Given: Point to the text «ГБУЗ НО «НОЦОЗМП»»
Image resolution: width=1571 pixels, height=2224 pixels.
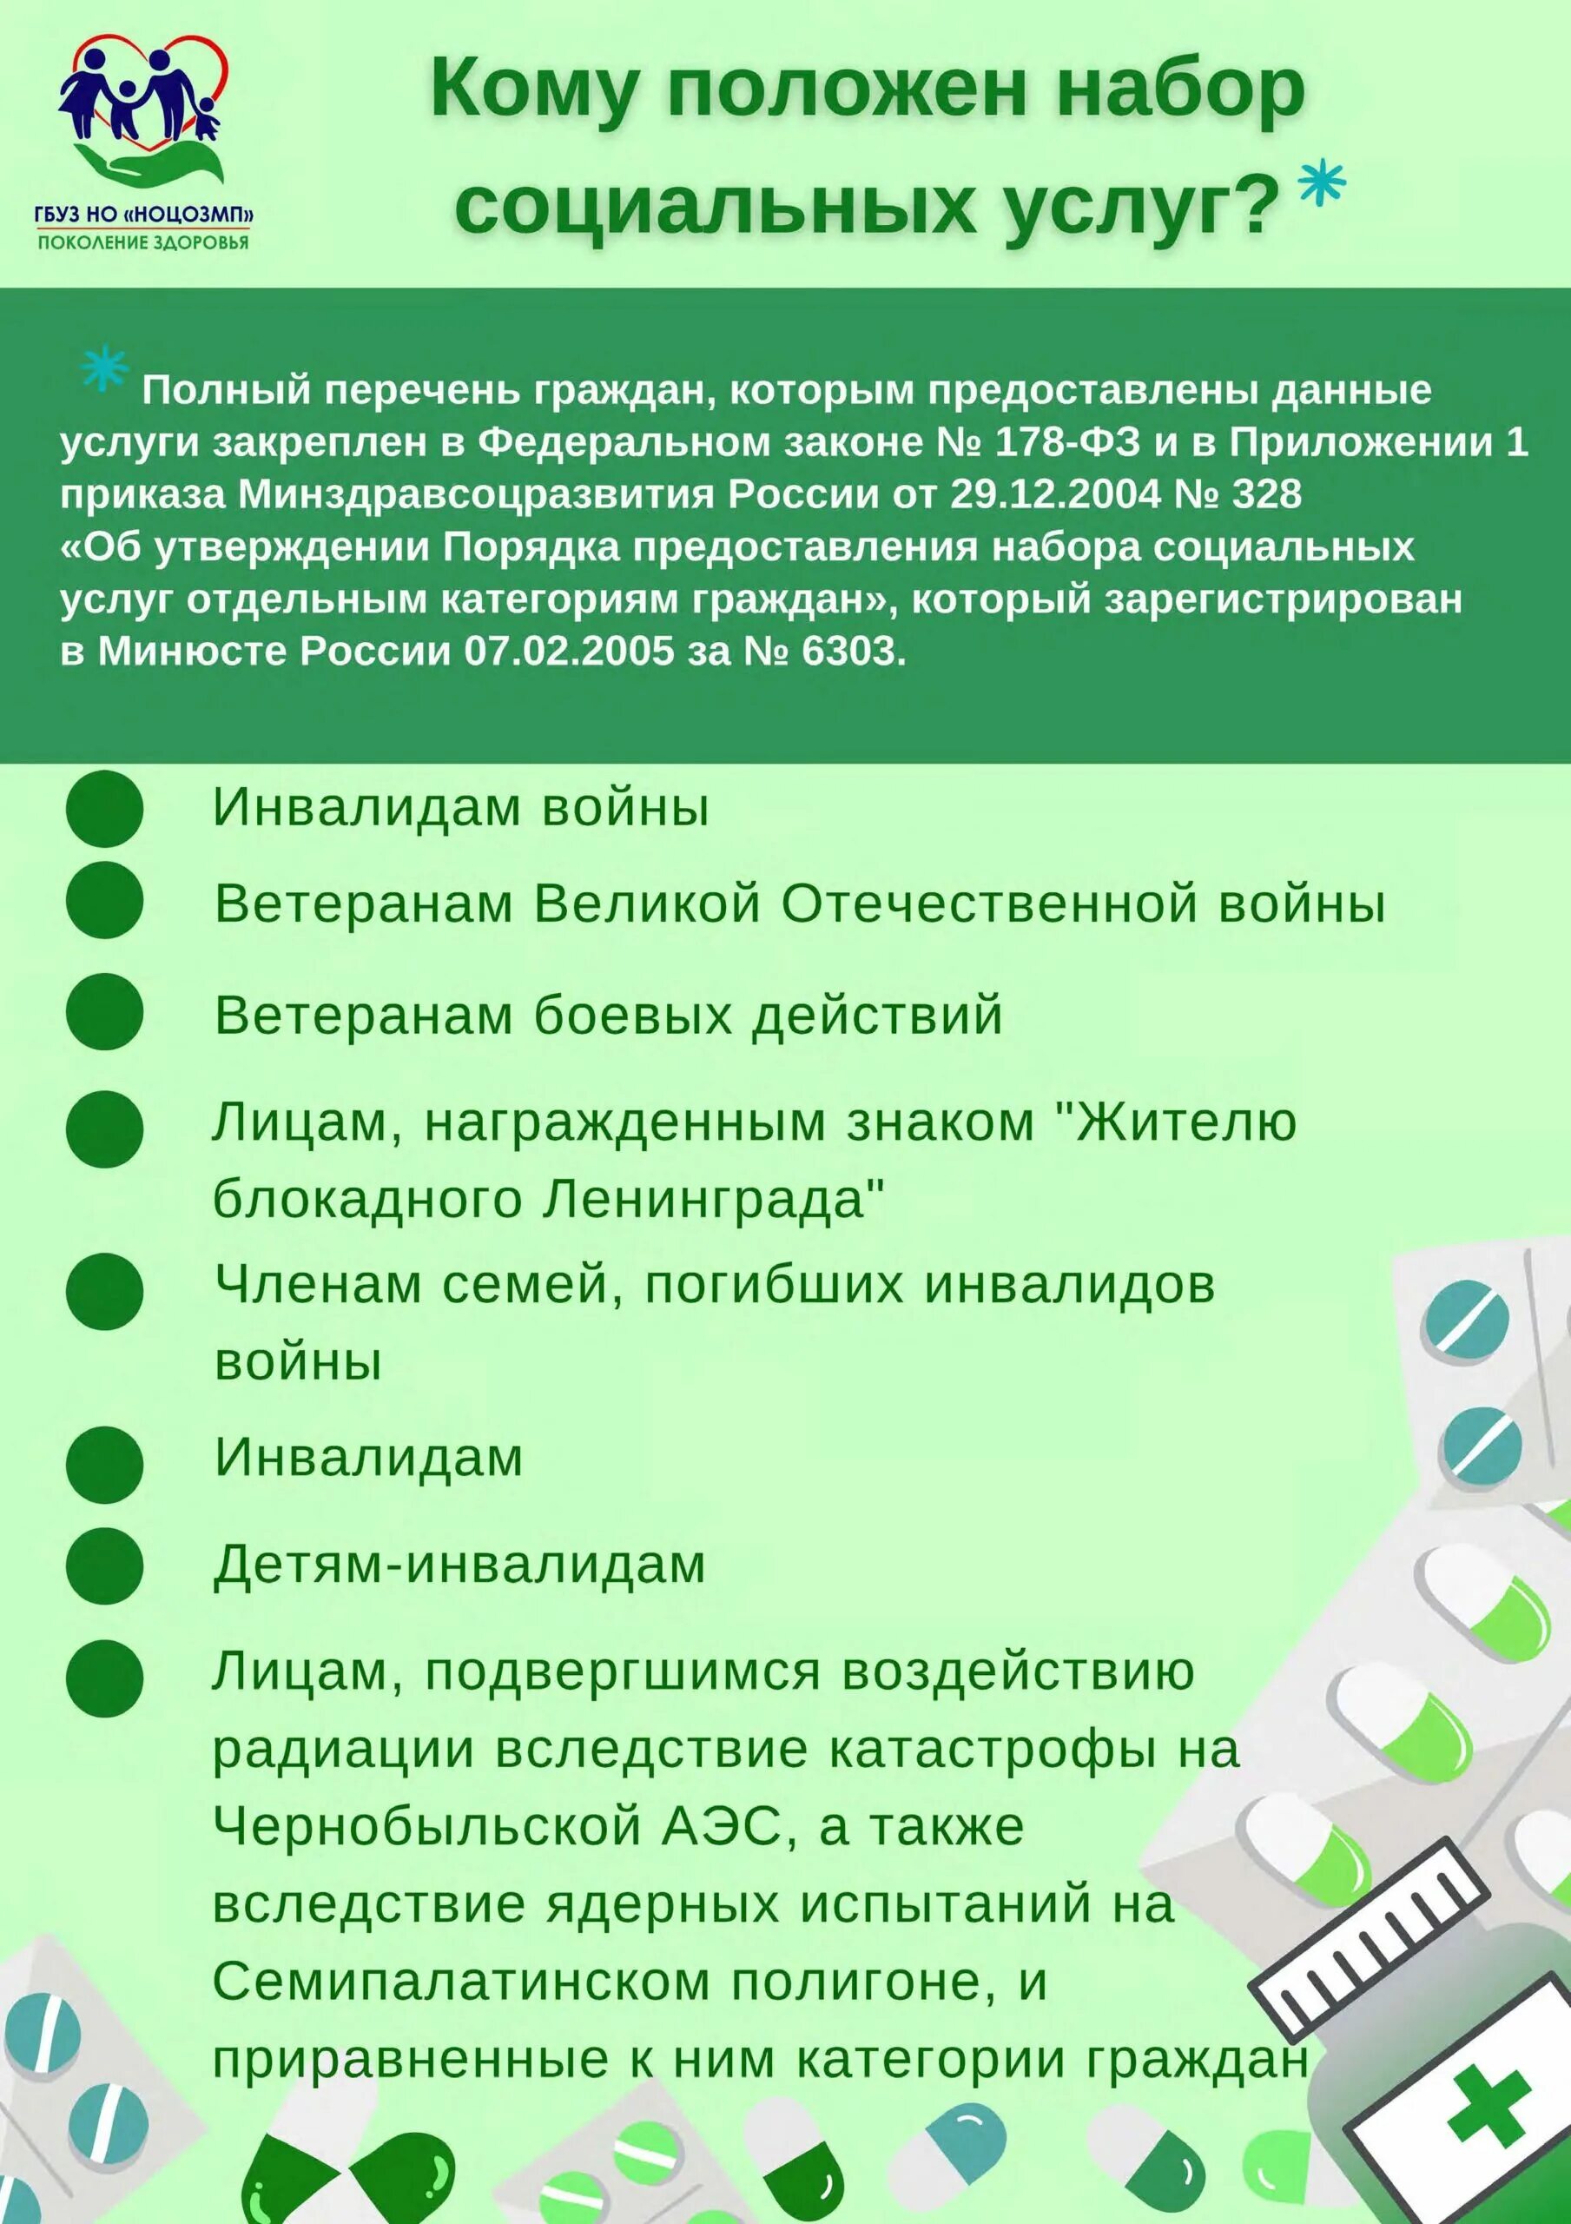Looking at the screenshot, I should pos(142,216).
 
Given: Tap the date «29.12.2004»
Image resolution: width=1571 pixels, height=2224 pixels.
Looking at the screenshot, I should pos(1055,495).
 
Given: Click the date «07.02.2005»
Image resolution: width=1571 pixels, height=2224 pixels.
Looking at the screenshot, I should pos(569,652).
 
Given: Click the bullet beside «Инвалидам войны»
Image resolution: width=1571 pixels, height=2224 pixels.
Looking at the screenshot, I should pos(104,809).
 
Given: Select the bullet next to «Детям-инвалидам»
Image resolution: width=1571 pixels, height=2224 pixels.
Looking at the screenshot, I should pos(104,1565).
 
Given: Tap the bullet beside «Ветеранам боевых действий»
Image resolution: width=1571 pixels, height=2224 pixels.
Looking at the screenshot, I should pos(104,1012).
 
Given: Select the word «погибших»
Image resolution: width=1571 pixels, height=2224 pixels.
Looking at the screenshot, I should pos(771,1287).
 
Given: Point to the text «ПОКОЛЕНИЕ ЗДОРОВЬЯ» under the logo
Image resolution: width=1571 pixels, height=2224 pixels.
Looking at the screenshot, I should pos(142,242).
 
